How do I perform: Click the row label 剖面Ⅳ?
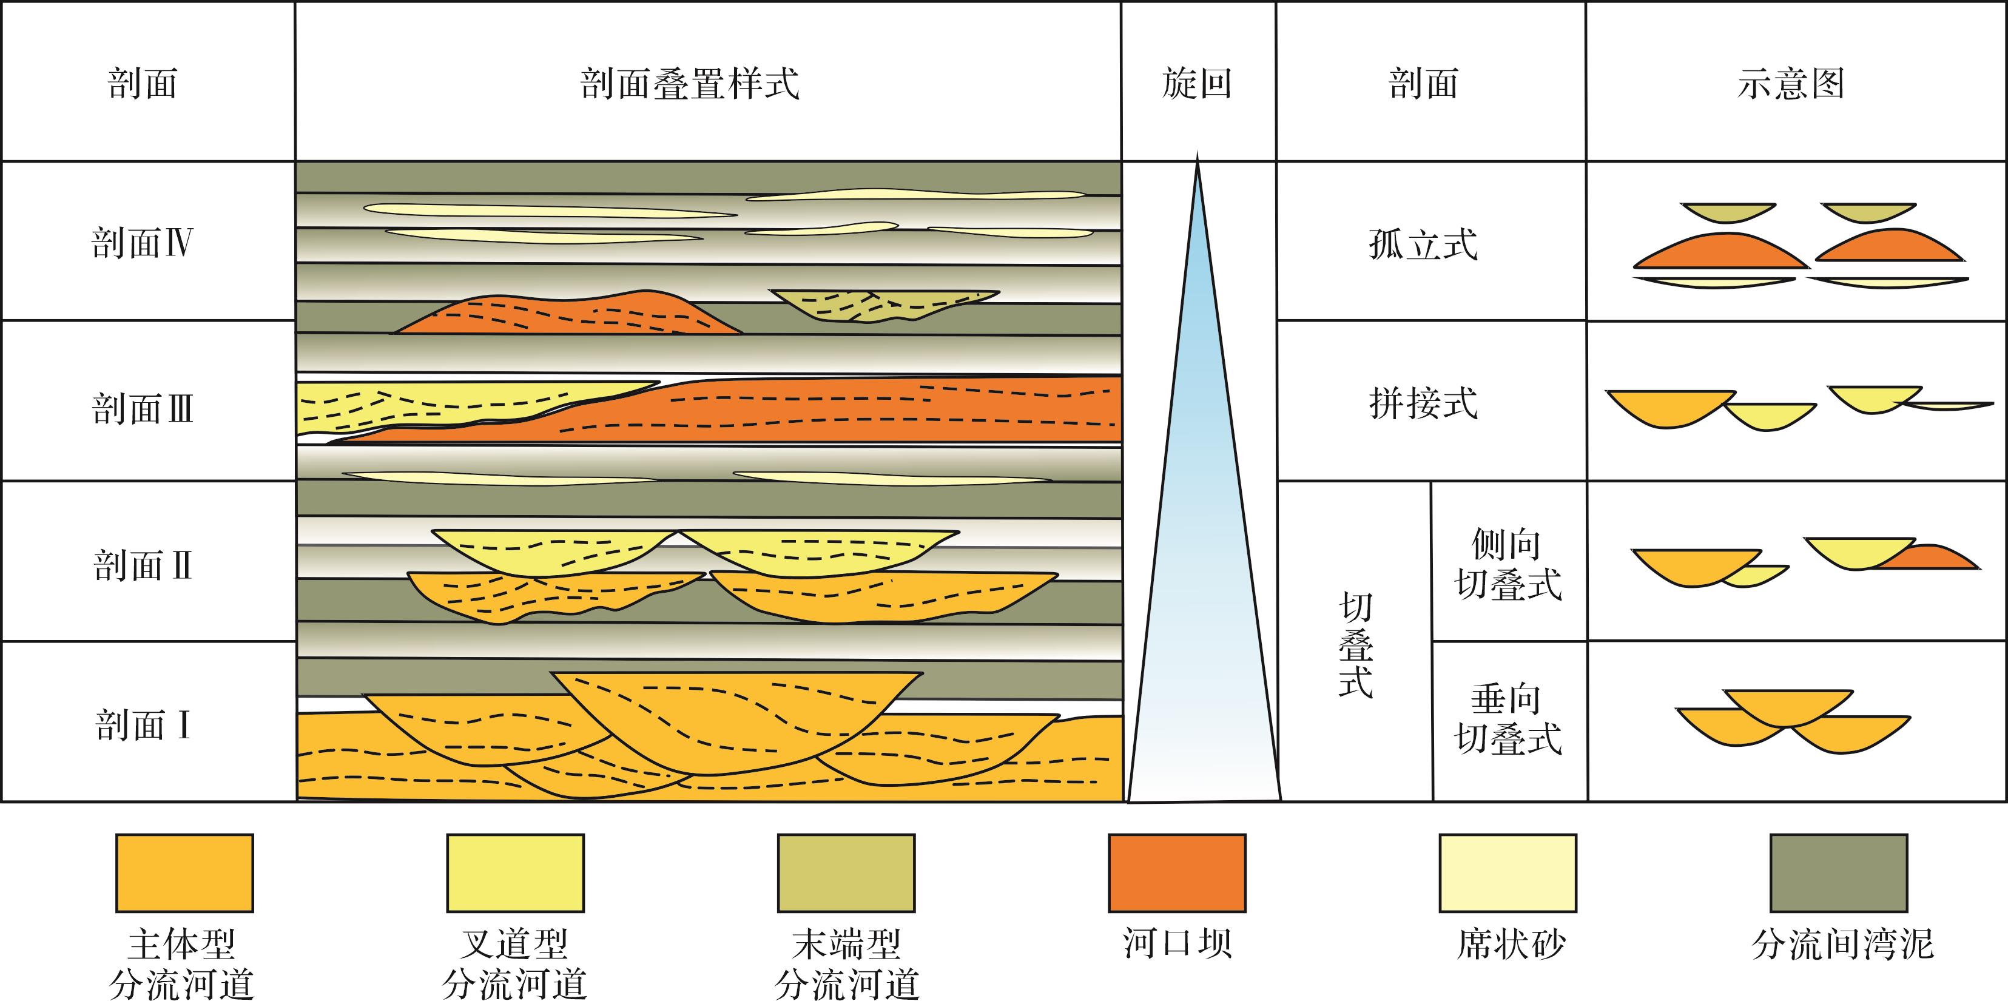[142, 243]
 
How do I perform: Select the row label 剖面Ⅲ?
[142, 408]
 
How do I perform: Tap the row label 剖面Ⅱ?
[142, 565]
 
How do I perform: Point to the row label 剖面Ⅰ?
[142, 725]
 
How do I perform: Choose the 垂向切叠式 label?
[1508, 719]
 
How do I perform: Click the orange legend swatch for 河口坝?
[1177, 873]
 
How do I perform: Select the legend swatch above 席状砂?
[1508, 873]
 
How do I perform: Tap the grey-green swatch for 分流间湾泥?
[1839, 873]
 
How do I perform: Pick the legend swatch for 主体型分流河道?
[185, 873]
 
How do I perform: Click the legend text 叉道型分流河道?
[514, 963]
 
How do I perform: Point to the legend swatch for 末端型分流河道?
[846, 873]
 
